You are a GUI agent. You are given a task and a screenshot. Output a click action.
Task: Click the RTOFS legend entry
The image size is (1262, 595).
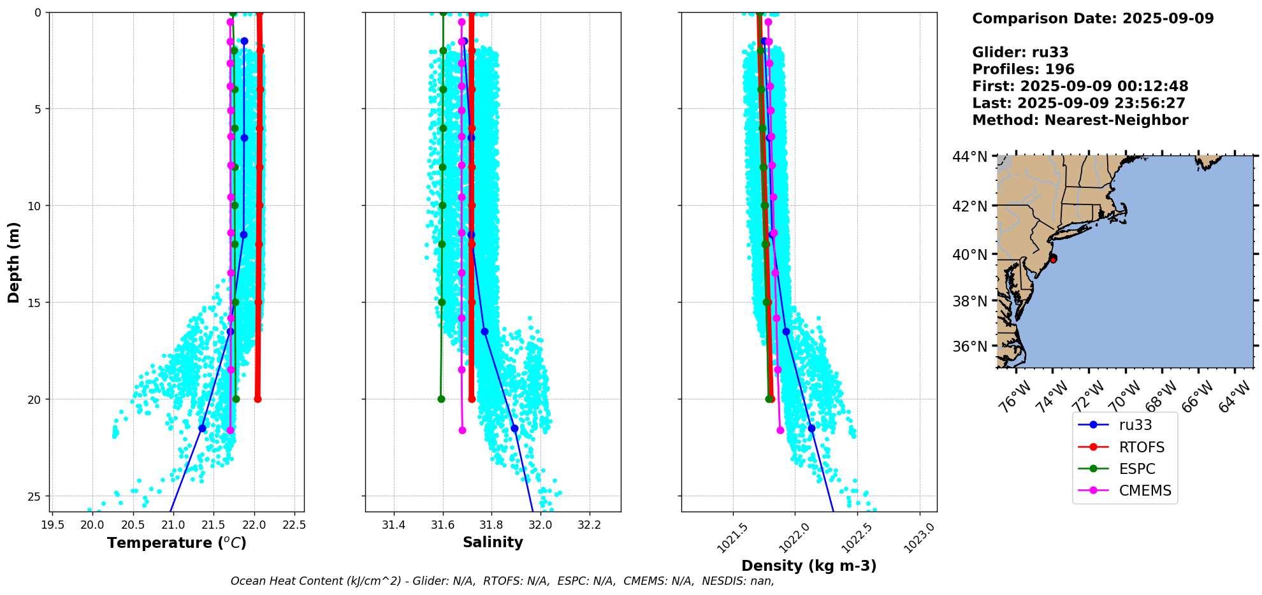coord(1141,447)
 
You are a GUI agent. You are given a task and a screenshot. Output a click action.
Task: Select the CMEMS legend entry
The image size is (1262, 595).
coord(1144,491)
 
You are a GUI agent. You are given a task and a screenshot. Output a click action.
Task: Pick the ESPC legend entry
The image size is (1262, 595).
coord(1136,469)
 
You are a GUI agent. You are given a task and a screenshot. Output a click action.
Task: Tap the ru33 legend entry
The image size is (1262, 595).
coord(1135,425)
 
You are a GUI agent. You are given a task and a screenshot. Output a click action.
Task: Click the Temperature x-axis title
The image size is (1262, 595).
coord(177,543)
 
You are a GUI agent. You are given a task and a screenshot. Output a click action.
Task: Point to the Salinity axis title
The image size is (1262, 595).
coord(493,542)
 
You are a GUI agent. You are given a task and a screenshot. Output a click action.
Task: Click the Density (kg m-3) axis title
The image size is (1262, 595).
coord(809,566)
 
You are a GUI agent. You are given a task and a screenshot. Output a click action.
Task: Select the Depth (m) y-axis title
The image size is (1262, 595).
coord(14,262)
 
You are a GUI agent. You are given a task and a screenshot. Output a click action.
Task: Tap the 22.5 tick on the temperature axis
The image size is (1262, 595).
coord(294,526)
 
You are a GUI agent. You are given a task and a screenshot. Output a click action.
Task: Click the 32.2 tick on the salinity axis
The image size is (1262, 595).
coord(589,526)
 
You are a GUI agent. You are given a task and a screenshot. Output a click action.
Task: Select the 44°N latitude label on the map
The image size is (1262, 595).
coord(969,157)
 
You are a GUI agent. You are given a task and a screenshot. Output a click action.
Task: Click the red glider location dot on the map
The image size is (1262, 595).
coord(1053,259)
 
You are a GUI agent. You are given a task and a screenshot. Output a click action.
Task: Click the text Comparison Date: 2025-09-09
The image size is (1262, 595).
coord(1092,18)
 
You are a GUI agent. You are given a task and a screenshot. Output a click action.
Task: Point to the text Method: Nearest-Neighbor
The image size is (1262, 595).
coord(1080,120)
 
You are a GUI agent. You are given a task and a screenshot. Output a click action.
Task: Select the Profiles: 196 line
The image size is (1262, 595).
coord(1023,69)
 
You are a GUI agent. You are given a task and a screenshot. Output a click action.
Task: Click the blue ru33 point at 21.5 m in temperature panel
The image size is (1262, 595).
coord(202,428)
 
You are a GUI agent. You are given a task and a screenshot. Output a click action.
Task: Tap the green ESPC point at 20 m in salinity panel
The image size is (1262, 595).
coord(441,399)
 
